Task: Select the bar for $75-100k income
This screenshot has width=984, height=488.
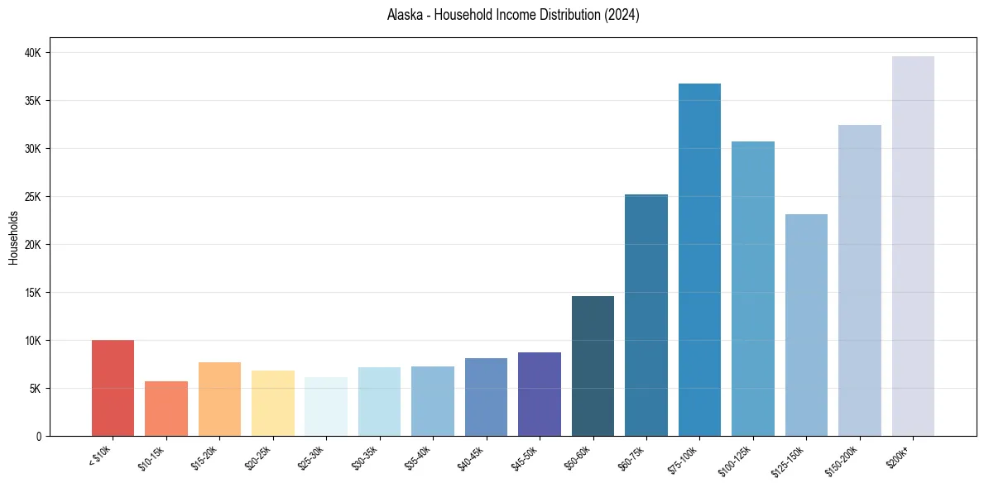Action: coord(699,260)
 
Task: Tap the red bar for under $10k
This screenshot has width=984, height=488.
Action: coord(113,388)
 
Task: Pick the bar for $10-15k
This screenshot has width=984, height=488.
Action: coord(166,409)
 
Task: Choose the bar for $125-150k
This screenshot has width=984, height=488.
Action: coord(806,325)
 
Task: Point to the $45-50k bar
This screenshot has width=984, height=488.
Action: coord(540,394)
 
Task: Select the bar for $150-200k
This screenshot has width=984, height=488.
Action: coord(860,280)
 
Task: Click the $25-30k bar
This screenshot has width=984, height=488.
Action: coord(326,406)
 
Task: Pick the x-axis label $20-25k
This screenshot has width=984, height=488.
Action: coord(258,457)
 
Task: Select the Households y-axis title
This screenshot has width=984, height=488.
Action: coord(13,237)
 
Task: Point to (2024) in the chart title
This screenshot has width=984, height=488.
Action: coord(622,15)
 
